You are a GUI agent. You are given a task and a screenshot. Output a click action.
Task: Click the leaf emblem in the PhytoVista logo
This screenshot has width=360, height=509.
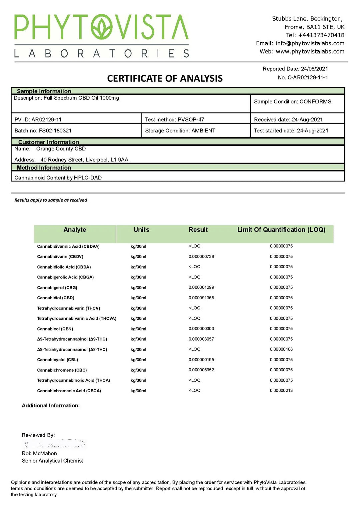pyautogui.click(x=102, y=27)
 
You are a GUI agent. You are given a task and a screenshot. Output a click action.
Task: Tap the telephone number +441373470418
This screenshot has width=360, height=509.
pyautogui.click(x=321, y=35)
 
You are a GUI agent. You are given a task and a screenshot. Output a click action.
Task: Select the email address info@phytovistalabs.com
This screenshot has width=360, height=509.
pyautogui.click(x=310, y=43)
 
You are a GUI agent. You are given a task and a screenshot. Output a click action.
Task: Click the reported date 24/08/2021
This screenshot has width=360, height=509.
pyautogui.click(x=314, y=69)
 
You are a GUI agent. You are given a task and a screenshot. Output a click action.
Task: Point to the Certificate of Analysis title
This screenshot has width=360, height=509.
pyautogui.click(x=165, y=78)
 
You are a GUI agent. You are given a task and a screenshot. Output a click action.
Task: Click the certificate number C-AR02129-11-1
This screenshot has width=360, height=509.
pyautogui.click(x=308, y=77)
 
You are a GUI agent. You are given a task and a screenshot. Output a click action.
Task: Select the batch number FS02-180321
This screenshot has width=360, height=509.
pyautogui.click(x=55, y=131)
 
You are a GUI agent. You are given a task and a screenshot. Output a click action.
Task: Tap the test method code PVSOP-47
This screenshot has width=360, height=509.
pyautogui.click(x=191, y=119)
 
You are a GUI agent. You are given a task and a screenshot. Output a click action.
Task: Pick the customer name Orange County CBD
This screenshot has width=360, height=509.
pyautogui.click(x=61, y=149)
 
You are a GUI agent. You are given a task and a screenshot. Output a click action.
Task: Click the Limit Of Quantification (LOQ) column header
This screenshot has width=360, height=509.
pyautogui.click(x=281, y=230)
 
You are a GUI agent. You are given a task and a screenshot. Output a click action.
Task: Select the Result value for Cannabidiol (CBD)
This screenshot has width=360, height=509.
pyautogui.click(x=201, y=298)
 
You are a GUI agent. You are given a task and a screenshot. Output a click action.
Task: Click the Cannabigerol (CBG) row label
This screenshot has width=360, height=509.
pyautogui.click(x=57, y=288)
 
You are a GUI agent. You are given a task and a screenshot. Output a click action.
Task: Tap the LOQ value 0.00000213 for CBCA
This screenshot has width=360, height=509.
pyautogui.click(x=281, y=391)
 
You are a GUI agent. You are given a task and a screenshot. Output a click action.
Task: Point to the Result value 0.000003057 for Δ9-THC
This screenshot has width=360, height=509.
pyautogui.click(x=201, y=339)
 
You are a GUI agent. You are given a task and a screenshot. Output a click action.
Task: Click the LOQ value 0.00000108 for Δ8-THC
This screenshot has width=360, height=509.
pyautogui.click(x=281, y=349)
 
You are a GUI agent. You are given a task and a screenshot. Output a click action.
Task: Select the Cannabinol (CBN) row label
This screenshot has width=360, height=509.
pyautogui.click(x=55, y=329)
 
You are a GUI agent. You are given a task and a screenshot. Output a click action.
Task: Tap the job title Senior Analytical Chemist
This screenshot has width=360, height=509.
pyautogui.click(x=52, y=461)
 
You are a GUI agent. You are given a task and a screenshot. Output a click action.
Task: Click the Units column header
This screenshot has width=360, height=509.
pyautogui.click(x=141, y=230)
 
